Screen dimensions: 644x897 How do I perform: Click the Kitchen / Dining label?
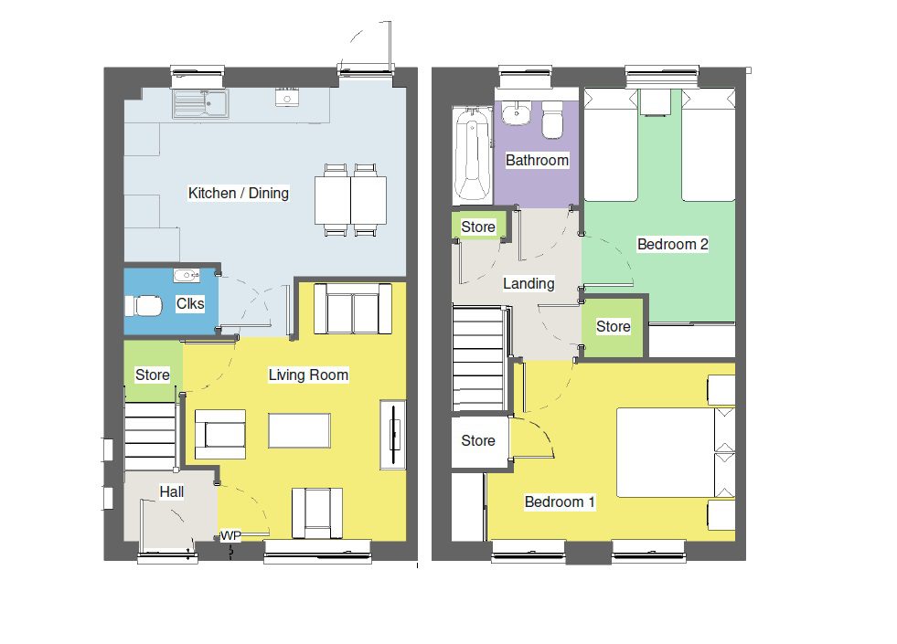(x=238, y=193)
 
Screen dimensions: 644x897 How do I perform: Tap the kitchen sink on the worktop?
(x=200, y=103)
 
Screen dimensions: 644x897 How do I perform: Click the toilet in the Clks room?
(x=144, y=304)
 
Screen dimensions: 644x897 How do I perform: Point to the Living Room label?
(x=308, y=375)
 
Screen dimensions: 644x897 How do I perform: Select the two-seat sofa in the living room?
(x=347, y=310)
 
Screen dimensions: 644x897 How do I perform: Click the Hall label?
(x=172, y=491)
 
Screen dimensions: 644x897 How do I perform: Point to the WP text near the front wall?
(x=230, y=536)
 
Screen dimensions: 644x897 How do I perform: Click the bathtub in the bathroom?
(x=472, y=154)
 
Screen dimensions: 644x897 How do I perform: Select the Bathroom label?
(x=538, y=160)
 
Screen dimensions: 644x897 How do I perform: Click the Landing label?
(x=529, y=283)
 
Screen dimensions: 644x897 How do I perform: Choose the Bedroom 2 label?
(x=673, y=244)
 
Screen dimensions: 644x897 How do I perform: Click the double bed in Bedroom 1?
(x=665, y=452)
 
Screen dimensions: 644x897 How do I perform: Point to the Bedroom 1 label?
(x=560, y=501)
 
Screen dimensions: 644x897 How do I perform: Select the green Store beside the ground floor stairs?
(x=153, y=375)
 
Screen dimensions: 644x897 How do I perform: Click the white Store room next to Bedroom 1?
(x=477, y=441)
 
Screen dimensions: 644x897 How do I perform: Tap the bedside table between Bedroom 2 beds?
(x=658, y=101)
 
